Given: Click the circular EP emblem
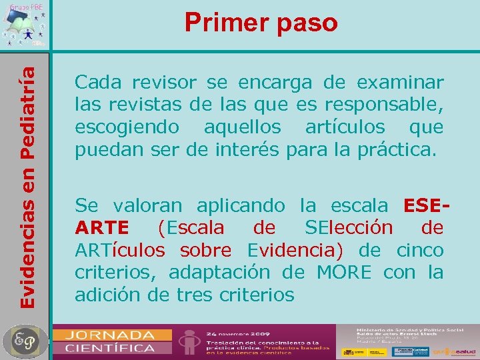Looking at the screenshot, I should (24, 341).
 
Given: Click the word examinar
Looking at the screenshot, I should (400, 83).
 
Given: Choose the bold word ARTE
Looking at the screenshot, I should (103, 228).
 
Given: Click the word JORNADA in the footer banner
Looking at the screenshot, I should (109, 334).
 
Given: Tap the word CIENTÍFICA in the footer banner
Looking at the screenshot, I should (109, 347).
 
